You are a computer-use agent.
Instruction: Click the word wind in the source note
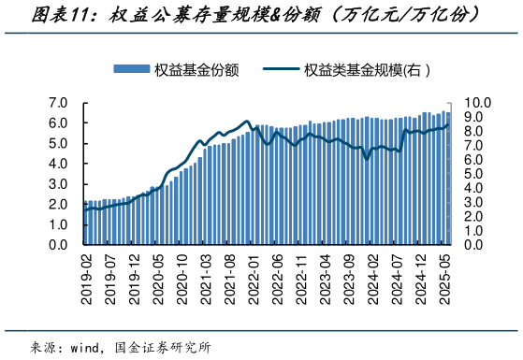tap(88, 347)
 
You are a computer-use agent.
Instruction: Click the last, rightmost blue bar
tap(447, 179)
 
